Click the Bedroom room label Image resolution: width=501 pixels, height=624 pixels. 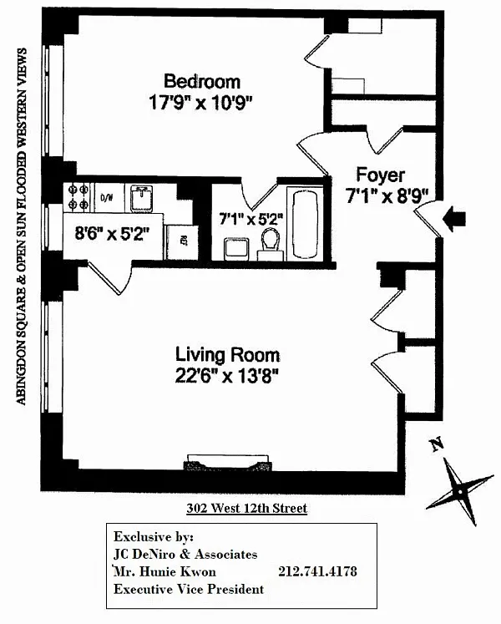pyautogui.click(x=201, y=81)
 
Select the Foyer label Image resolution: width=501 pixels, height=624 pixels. pyautogui.click(x=380, y=175)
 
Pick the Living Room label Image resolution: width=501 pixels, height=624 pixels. pyautogui.click(x=227, y=354)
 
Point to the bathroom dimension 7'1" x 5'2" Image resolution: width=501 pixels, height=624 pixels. pyautogui.click(x=250, y=220)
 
